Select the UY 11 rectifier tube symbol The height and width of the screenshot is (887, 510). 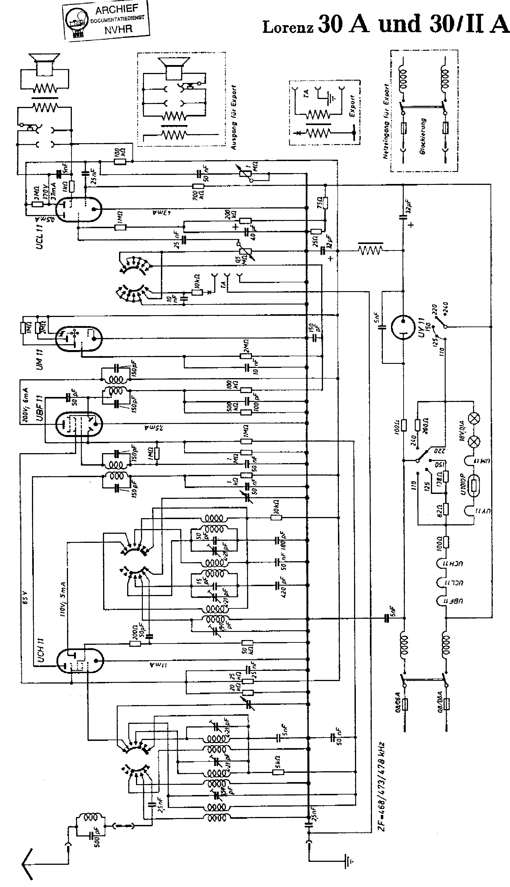tap(403, 327)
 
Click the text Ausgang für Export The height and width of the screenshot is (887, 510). tap(234, 117)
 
